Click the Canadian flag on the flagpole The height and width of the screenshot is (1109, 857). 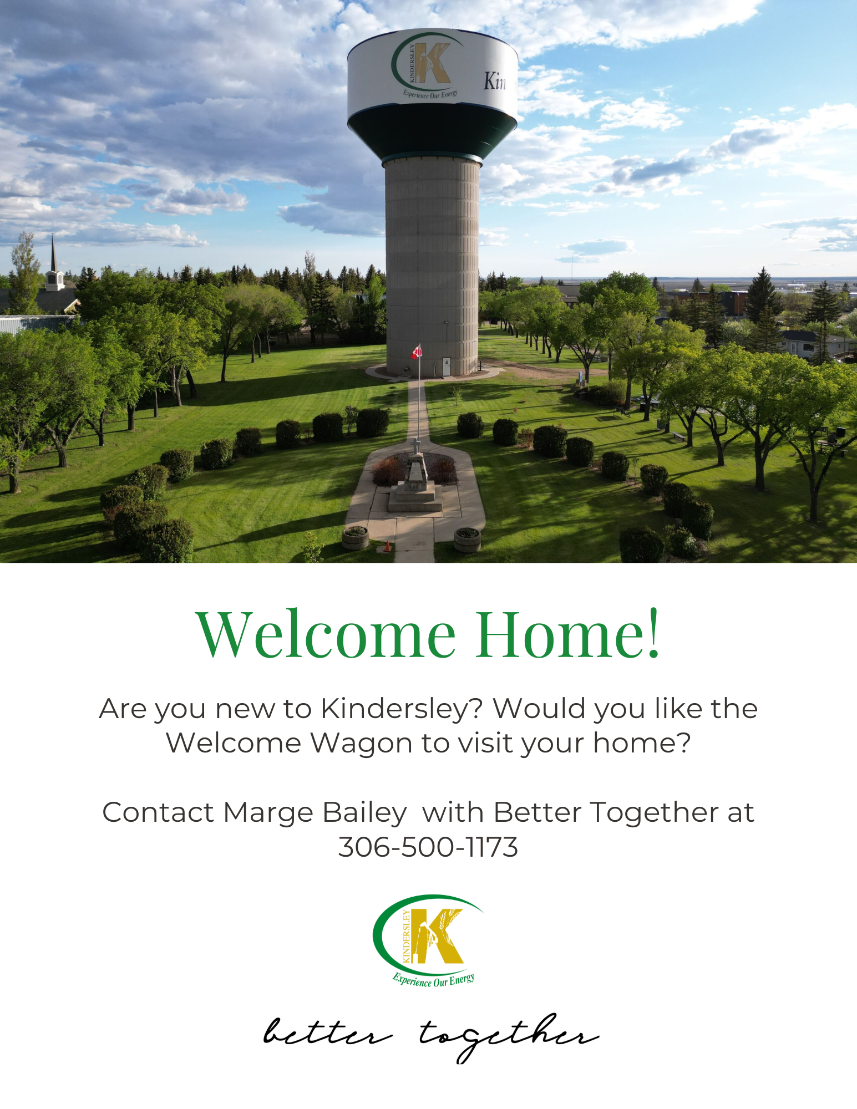coord(417,351)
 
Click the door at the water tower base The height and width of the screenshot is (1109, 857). coord(447,365)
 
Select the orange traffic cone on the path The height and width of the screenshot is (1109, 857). coord(387,546)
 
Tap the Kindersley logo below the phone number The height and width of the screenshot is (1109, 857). coord(428,940)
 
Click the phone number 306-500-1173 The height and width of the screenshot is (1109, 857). coord(428,847)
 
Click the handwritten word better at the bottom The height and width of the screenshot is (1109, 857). coord(328,1033)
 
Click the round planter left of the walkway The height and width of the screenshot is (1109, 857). coord(356,537)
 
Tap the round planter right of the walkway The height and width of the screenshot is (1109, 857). coord(467,539)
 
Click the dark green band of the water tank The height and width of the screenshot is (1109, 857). coord(432,132)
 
